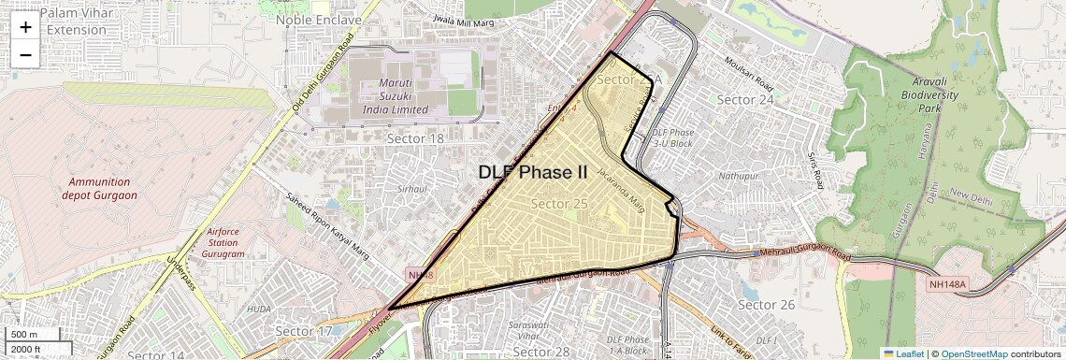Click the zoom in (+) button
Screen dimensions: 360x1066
25,27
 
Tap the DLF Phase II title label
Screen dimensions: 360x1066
533,172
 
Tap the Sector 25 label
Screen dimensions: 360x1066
558,203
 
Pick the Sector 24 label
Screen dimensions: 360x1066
744,99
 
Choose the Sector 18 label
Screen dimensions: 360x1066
415,138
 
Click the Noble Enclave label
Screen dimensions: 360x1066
318,20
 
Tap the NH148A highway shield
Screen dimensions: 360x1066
950,283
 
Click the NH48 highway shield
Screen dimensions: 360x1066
420,275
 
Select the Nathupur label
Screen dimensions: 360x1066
738,175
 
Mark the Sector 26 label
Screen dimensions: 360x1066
766,305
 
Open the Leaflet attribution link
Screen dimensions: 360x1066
903,353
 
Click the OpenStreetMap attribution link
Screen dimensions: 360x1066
973,353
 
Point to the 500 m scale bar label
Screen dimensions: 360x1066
25,334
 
